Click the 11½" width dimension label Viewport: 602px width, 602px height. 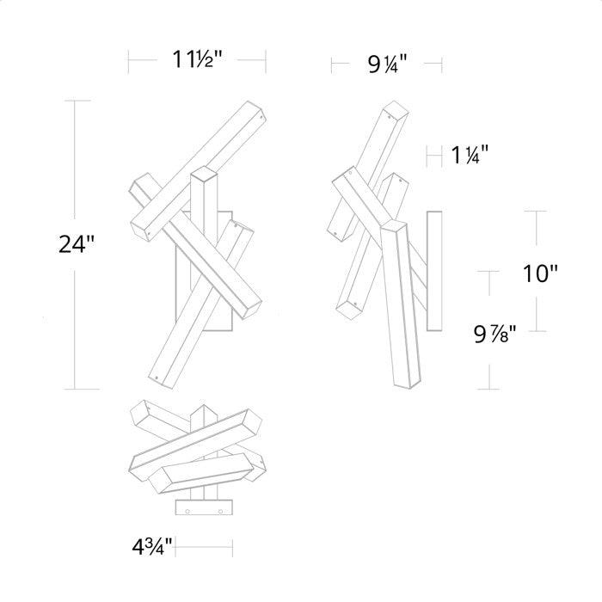[x=197, y=59]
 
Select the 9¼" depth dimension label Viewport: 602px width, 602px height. [x=387, y=64]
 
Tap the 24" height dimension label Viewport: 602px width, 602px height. [x=76, y=244]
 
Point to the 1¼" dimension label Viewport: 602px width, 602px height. [x=470, y=155]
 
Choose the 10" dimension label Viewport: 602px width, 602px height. [x=540, y=273]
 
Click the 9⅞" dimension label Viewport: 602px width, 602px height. [x=494, y=334]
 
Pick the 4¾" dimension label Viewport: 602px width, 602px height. [x=152, y=547]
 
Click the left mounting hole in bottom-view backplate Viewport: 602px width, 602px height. [x=187, y=511]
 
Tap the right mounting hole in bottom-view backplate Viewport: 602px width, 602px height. [x=220, y=511]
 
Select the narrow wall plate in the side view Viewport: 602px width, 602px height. [x=434, y=271]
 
